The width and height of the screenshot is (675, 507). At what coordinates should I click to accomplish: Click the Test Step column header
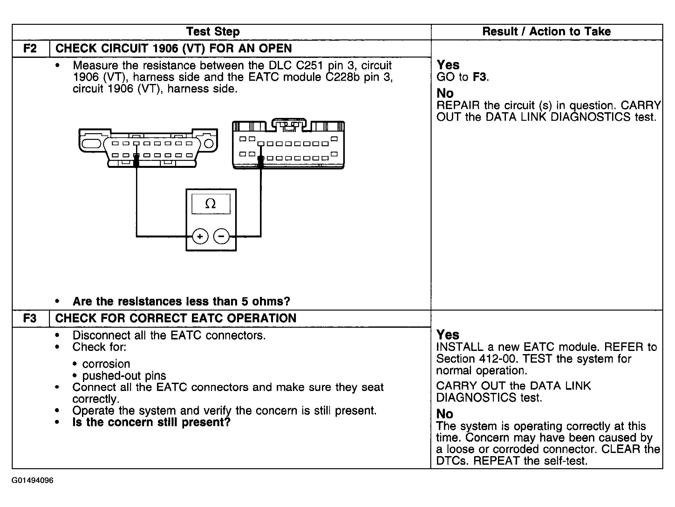point(213,32)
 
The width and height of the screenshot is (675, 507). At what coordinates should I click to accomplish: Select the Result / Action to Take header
point(546,32)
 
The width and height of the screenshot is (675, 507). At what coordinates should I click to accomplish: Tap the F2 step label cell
point(30,48)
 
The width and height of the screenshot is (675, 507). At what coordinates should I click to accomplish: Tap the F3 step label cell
point(30,318)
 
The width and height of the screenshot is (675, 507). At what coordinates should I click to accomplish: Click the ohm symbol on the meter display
point(210,204)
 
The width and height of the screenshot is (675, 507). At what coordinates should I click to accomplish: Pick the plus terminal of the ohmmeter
point(200,236)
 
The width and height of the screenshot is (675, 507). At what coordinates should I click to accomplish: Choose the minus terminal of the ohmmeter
point(221,236)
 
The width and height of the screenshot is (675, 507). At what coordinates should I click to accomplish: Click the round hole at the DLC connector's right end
point(208,144)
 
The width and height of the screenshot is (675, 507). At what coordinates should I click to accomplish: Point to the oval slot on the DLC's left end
point(91,144)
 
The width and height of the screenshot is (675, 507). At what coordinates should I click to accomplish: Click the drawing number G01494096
point(32,481)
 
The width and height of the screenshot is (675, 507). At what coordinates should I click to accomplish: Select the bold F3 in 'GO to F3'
point(480,77)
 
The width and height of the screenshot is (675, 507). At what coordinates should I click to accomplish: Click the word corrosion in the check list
point(106,364)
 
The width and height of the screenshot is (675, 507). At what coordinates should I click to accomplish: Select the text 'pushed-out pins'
point(124,376)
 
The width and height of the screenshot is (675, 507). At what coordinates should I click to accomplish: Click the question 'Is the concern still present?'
point(151,422)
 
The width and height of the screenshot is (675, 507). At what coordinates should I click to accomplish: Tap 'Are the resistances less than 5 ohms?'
point(181,301)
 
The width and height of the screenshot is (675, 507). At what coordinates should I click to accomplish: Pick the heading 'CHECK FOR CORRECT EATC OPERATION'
point(176,318)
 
